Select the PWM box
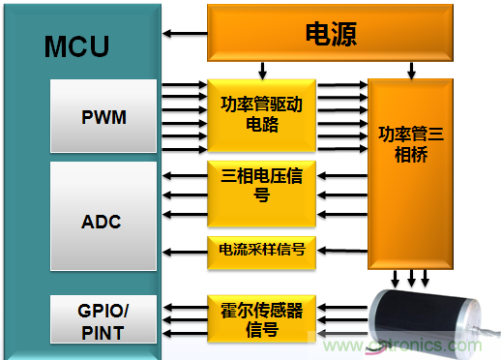pos(103,118)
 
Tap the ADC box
pos(103,222)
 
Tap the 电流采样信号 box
pos(261,250)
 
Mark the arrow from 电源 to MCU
pos(183,35)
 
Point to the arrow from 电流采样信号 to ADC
pos(183,250)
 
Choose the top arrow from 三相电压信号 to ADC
pos(183,175)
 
